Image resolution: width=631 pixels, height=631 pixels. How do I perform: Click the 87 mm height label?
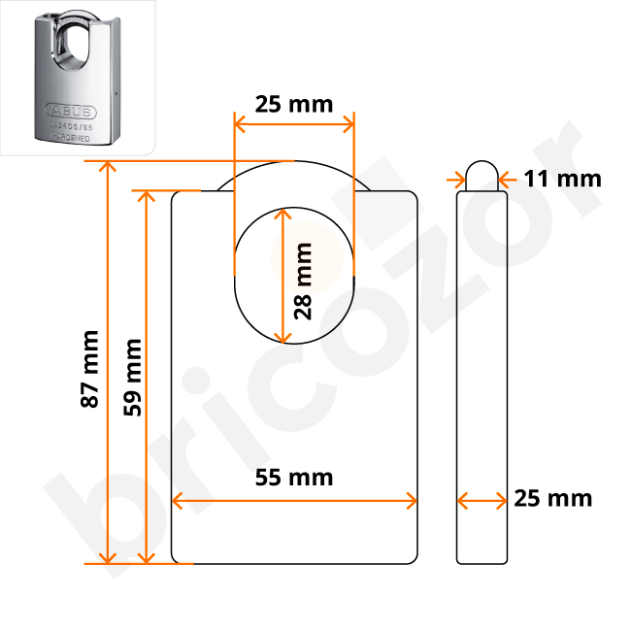[89, 369]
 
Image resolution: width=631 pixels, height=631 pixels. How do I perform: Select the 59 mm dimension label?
[131, 377]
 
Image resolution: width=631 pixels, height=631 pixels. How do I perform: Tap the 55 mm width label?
[294, 477]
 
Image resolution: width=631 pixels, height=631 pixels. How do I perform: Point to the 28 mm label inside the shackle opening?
[303, 281]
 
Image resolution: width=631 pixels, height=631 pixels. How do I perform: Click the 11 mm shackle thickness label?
[562, 179]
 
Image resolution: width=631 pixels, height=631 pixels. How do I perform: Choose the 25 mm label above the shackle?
[293, 104]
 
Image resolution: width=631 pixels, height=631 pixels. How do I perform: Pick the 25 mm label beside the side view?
[552, 499]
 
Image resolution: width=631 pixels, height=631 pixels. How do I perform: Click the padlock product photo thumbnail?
[76, 77]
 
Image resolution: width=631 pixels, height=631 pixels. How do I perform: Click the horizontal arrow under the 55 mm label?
[294, 501]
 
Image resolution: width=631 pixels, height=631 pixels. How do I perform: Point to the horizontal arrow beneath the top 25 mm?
[293, 124]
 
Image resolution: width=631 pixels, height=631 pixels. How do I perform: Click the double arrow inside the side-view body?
[482, 501]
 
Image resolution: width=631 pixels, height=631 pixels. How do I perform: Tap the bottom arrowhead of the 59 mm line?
[147, 557]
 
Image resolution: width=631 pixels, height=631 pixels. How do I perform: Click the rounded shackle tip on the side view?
[482, 172]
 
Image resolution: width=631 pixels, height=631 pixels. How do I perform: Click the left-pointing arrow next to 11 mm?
[509, 179]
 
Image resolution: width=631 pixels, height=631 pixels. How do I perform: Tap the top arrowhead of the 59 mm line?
[147, 195]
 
